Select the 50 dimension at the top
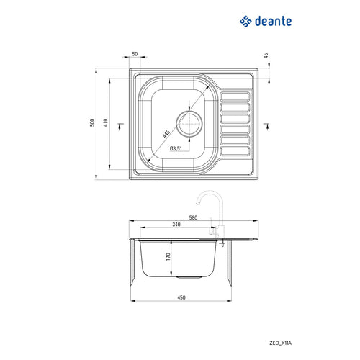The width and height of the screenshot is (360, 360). click(135, 55)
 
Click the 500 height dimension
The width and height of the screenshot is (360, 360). click(93, 123)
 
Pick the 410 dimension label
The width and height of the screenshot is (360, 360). click(105, 123)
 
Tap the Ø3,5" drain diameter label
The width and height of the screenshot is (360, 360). click(177, 148)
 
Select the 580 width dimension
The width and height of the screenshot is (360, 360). click(193, 215)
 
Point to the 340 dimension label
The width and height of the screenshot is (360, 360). click(177, 225)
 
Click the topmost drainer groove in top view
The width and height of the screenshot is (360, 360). click(235, 95)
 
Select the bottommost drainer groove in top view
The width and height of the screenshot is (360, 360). click(235, 153)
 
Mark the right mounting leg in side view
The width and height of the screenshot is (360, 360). click(230, 263)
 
